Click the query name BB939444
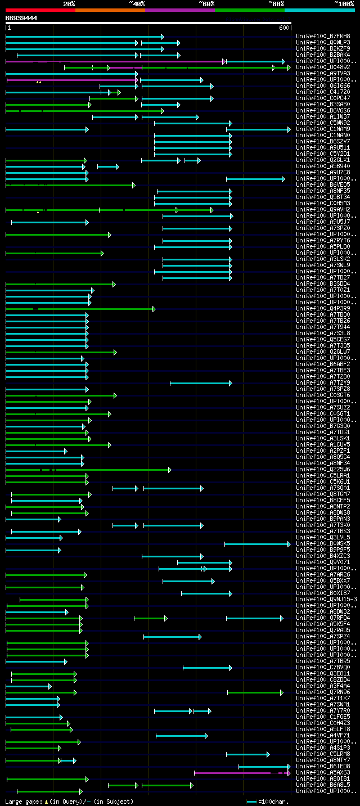[21, 18]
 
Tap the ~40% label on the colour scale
[137, 4]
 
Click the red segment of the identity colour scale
[40, 10]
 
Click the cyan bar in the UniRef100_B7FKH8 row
[84, 37]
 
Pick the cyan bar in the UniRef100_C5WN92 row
[192, 123]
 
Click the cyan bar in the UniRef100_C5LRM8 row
[247, 754]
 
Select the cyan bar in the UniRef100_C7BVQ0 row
[207, 668]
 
